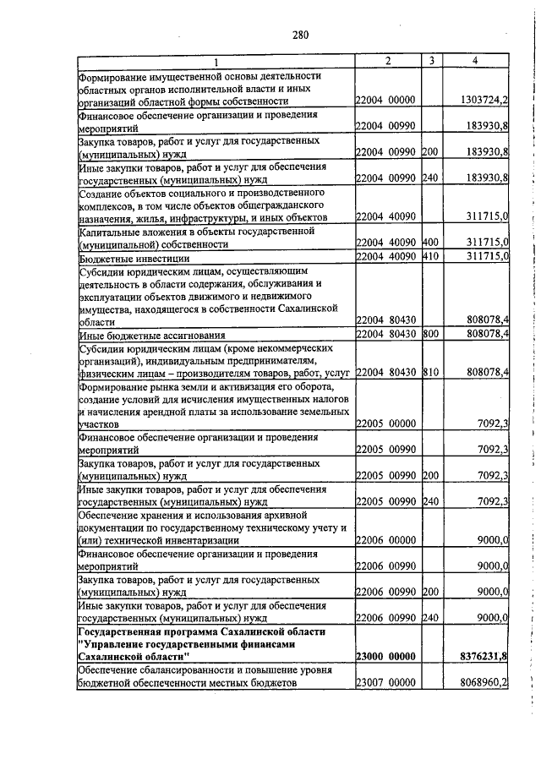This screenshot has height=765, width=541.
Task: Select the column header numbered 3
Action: click(x=431, y=61)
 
